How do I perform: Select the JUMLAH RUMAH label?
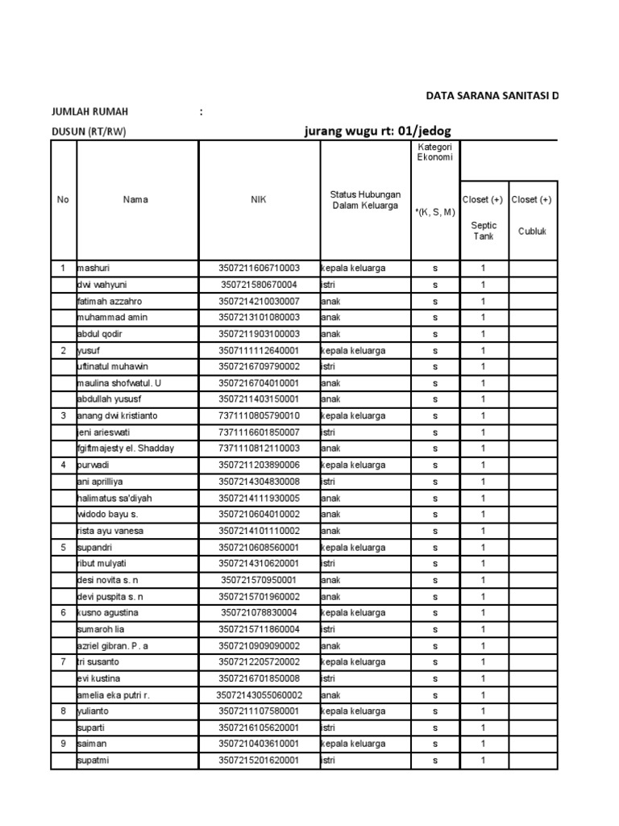(89, 112)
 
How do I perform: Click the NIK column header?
(259, 199)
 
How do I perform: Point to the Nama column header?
(135, 199)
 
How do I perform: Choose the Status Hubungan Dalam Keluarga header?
(365, 199)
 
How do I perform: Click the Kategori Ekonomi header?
(434, 152)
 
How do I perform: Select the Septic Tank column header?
(484, 231)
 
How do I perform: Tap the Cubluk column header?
(533, 231)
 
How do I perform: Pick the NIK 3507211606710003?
(259, 269)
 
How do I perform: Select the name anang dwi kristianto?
(118, 415)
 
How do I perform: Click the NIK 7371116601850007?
(259, 432)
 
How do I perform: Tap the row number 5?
(63, 547)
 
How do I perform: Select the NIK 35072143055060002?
(259, 695)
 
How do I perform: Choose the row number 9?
(63, 744)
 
